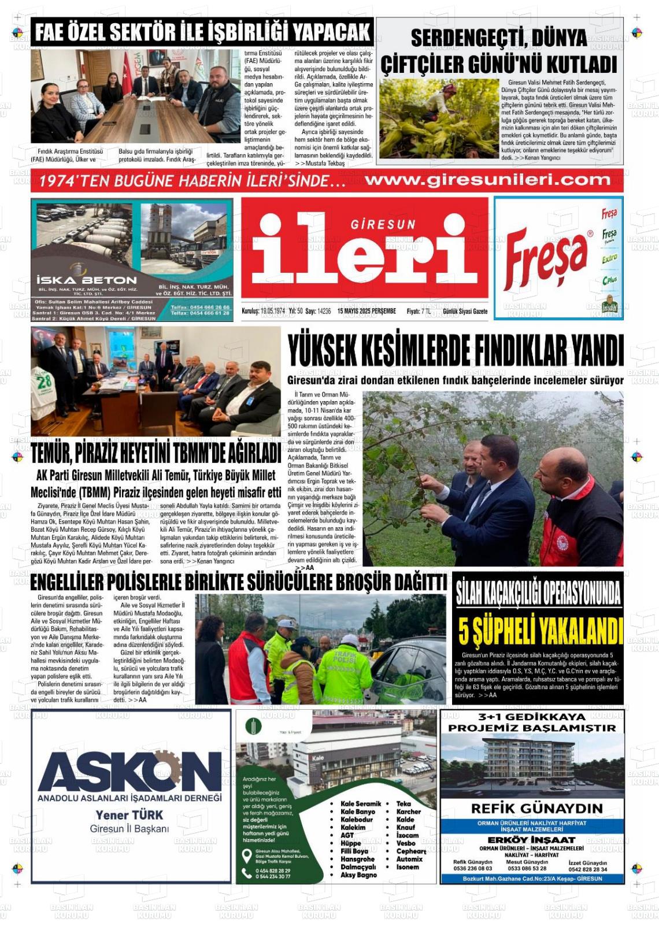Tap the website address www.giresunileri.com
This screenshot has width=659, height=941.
pos(487,180)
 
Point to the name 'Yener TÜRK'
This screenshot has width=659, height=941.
pos(129,815)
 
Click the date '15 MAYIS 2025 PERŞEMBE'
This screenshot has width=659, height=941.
pos(366,311)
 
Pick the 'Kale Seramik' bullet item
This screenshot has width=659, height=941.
pos(361,803)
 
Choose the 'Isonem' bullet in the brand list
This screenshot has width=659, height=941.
pos(408,867)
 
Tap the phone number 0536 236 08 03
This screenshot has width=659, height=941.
pos(472,868)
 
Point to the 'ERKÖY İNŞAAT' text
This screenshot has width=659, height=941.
pos(532,839)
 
